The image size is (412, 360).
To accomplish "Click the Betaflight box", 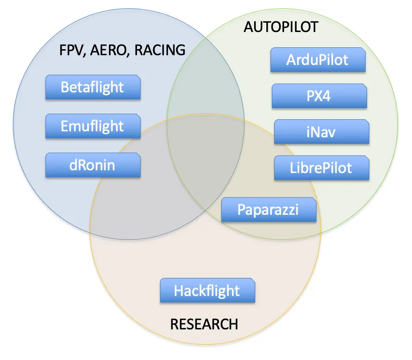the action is click(93, 87).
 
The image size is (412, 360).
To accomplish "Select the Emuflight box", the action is click(93, 126).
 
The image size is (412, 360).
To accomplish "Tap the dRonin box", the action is click(93, 165).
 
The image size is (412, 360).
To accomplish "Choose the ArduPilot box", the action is click(318, 60).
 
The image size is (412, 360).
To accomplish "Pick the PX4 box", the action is click(319, 96).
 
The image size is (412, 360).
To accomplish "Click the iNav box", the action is click(322, 132).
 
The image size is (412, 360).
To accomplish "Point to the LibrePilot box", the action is click(322, 168).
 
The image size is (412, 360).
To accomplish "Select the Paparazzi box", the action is click(269, 210).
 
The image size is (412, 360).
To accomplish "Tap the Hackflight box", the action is click(207, 290).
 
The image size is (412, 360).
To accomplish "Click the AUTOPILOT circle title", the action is click(281, 27).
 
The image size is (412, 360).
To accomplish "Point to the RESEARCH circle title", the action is click(204, 324).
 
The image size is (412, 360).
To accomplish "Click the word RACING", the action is click(160, 50).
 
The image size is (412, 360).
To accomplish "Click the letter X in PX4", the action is click(319, 96).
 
